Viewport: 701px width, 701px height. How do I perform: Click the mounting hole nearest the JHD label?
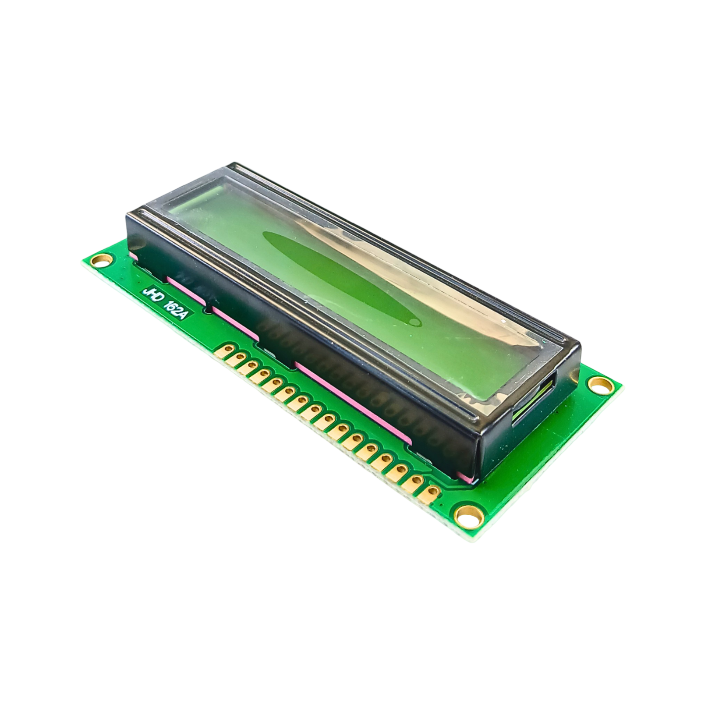tap(99, 261)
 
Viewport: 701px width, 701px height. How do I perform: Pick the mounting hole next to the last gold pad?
tap(469, 516)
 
